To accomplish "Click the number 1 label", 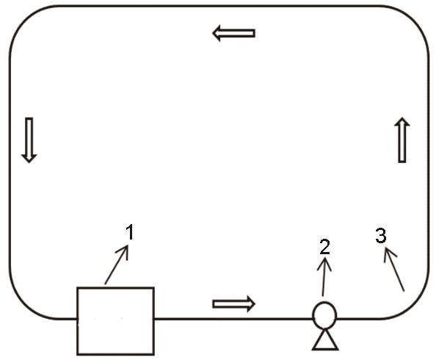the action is click(130, 232).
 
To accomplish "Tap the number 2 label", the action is click(324, 247).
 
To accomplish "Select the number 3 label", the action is click(381, 235).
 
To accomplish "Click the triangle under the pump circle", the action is click(325, 340).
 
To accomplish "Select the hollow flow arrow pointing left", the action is click(233, 33).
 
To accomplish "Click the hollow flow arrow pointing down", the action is click(29, 140).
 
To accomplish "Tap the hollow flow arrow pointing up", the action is click(402, 140).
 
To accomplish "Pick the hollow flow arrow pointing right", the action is click(233, 303).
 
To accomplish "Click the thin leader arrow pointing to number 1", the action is click(117, 264).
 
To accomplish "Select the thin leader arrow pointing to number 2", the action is click(324, 277).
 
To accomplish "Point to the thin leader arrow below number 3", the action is click(394, 270).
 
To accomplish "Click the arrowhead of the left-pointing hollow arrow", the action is click(217, 33).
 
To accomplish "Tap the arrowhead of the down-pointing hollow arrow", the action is click(29, 159).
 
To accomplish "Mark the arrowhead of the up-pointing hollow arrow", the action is click(402, 122).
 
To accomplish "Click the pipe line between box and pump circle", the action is click(233, 319).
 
